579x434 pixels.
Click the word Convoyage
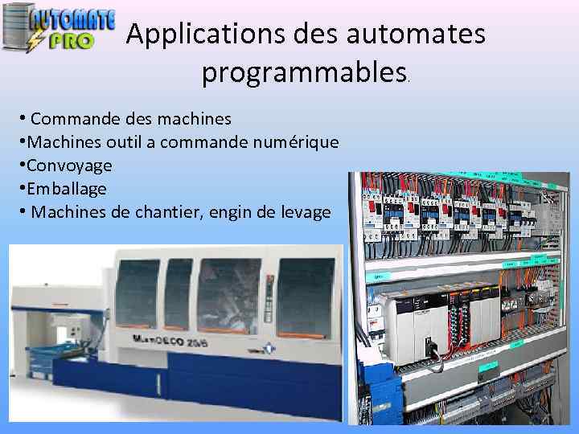coord(69,166)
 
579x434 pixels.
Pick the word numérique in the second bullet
coord(298,142)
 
